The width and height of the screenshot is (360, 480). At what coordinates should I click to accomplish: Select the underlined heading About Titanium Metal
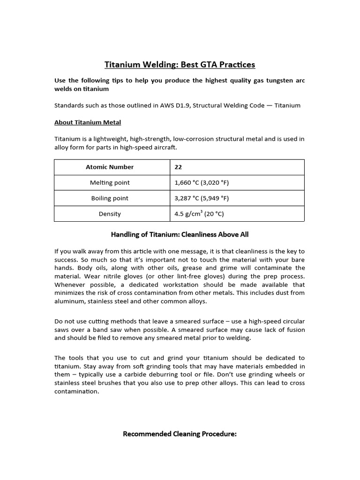coord(88,122)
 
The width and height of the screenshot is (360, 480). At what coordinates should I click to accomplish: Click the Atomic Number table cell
coord(110,167)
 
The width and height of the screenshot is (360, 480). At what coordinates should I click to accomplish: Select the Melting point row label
coord(110,182)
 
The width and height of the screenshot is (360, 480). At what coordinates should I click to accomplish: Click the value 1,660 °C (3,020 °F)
coord(202,182)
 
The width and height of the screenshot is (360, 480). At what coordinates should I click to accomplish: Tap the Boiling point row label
coord(110,198)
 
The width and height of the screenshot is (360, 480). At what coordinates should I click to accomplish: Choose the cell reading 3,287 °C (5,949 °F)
coord(202,198)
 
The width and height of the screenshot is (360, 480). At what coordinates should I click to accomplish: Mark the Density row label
coord(110,214)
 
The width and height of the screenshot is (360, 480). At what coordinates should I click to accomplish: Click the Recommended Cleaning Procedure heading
coord(180,434)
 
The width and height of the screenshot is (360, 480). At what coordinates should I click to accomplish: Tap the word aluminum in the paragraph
coord(69,301)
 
